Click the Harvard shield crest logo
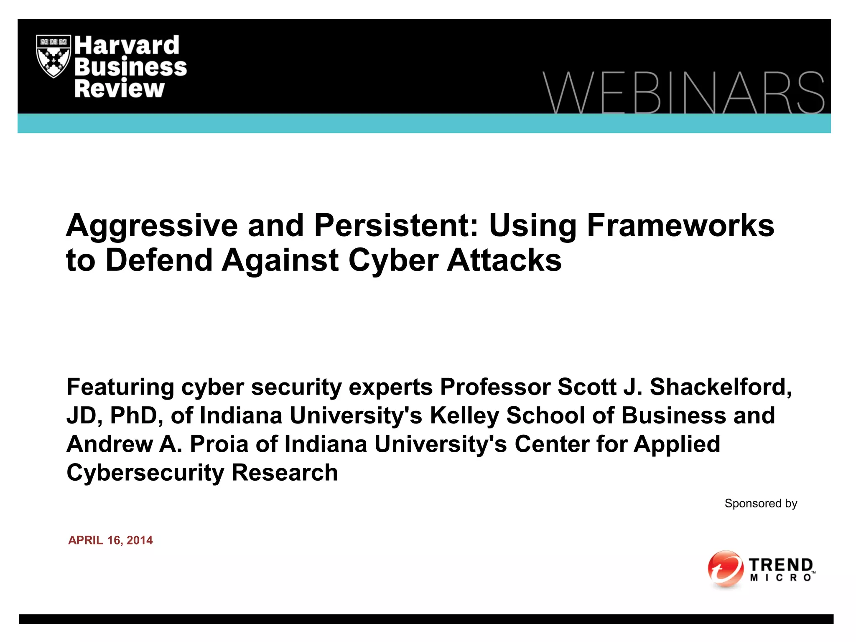point(53,56)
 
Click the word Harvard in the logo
point(127,45)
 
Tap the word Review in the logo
point(120,89)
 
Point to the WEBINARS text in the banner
point(683,93)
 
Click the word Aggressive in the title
point(152,226)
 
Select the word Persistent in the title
point(396,225)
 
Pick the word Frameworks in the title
point(680,225)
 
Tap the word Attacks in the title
point(504,260)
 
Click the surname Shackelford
point(721,387)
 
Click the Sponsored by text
point(761,503)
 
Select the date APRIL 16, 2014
point(110,540)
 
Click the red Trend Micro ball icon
point(725,569)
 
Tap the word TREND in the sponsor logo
point(780,565)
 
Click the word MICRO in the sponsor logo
point(780,578)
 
